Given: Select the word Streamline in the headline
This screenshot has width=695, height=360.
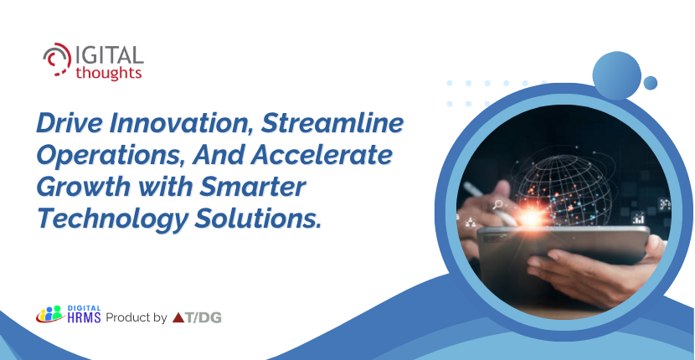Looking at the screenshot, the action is tap(332, 125).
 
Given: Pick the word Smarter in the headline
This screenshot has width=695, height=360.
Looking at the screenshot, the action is tap(252, 188).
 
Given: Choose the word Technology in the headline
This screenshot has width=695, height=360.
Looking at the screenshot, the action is tap(111, 220).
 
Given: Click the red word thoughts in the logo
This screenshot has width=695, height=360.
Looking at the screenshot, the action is tap(109, 73).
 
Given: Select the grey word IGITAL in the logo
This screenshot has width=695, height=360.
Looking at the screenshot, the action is tap(110, 55).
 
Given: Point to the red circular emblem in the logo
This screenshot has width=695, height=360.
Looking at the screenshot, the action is tap(57, 59).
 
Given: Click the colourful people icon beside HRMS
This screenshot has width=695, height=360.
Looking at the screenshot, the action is tap(49, 314).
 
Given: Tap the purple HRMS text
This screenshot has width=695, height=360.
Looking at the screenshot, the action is tap(85, 317).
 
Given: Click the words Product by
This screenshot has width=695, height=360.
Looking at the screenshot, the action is tap(136, 317).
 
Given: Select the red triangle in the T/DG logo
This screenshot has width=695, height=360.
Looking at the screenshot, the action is tap(178, 317).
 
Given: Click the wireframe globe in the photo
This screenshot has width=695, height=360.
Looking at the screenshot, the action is tap(562, 186).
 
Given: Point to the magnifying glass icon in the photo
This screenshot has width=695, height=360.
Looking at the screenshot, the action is tap(497, 205).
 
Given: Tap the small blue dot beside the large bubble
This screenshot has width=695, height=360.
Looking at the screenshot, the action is tap(651, 83).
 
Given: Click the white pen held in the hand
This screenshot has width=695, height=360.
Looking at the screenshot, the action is tap(490, 204).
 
